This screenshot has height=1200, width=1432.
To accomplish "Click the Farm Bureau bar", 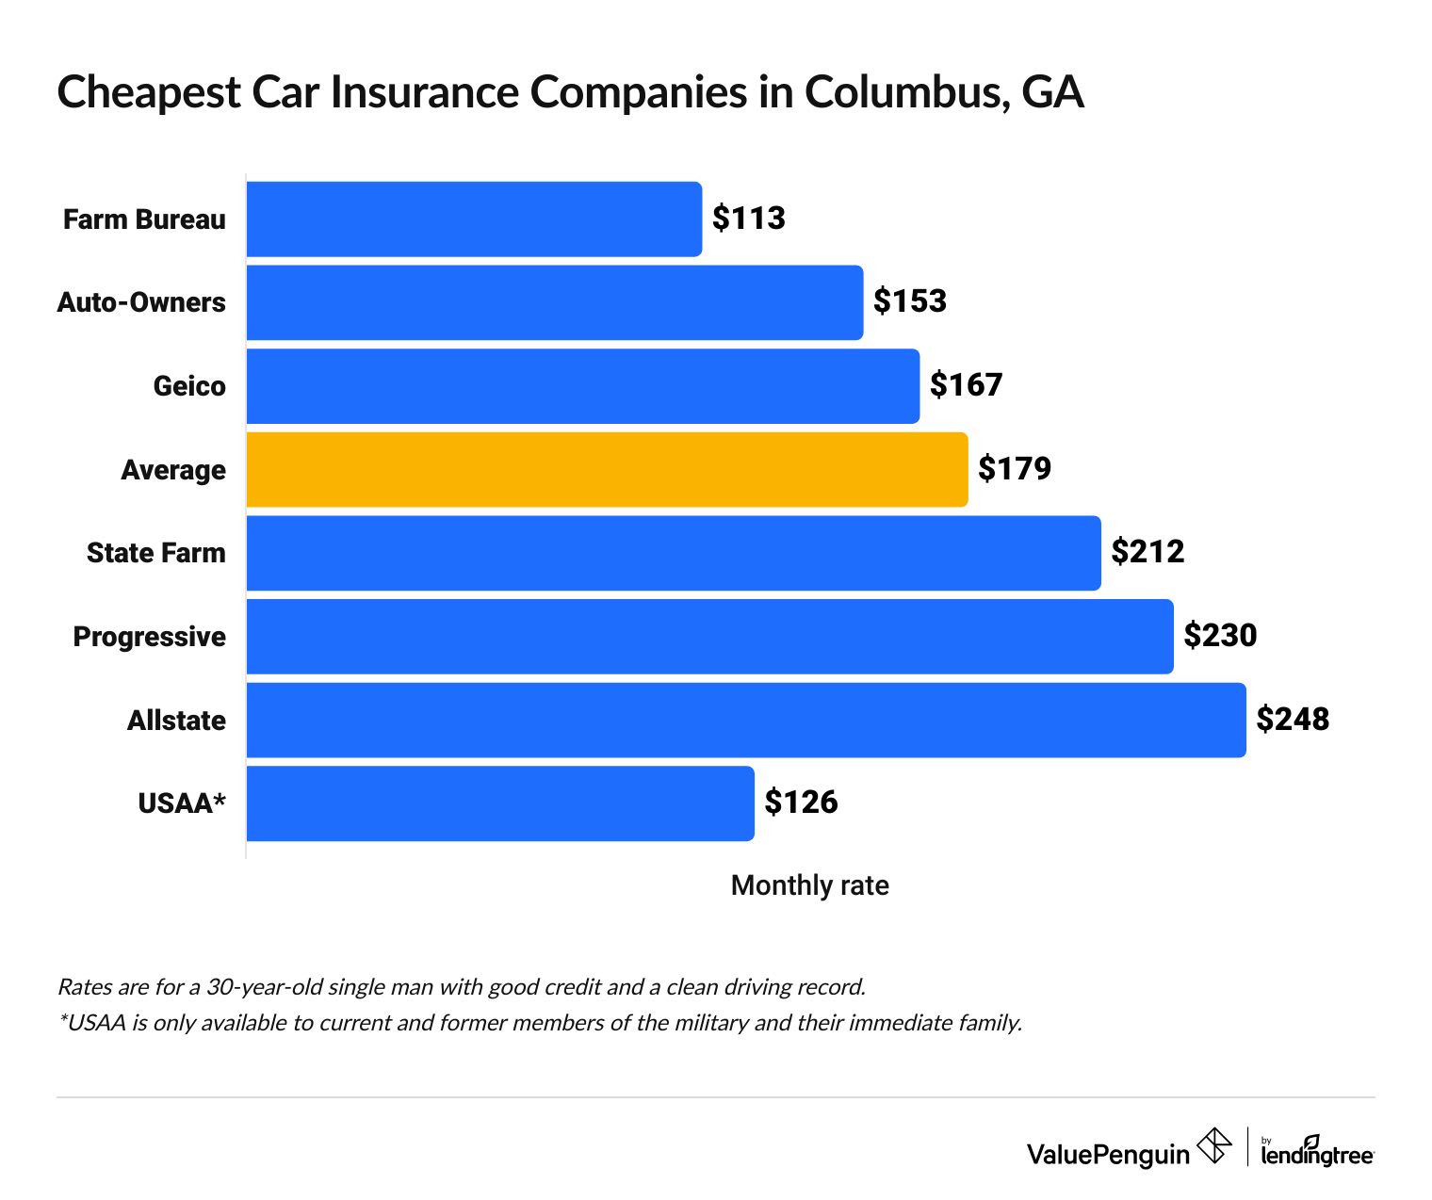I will (474, 219).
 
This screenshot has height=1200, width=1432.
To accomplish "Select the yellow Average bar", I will (607, 470).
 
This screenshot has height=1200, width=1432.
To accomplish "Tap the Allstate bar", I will (746, 721).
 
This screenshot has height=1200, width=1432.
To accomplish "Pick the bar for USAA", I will (500, 803).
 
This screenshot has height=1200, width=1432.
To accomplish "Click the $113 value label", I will (748, 219).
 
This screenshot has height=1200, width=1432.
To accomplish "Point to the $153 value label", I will (909, 301).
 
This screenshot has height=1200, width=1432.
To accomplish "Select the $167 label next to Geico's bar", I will (966, 385).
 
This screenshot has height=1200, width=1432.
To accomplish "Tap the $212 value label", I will (1147, 552).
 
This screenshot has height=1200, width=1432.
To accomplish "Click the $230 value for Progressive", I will (1220, 636).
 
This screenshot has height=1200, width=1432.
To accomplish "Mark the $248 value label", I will (1293, 720).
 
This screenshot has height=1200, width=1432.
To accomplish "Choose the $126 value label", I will (801, 803).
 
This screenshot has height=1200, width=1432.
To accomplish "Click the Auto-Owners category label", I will (141, 302).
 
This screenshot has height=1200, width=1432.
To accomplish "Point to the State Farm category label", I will (155, 553).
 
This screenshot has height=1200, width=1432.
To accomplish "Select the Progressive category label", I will (149, 637).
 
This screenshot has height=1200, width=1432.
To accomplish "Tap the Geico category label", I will (189, 386).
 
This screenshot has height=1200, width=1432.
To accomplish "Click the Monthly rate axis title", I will (809, 885).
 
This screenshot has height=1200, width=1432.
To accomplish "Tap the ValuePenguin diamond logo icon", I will (1213, 1146).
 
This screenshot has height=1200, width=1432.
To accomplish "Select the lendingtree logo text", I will (1317, 1153).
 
